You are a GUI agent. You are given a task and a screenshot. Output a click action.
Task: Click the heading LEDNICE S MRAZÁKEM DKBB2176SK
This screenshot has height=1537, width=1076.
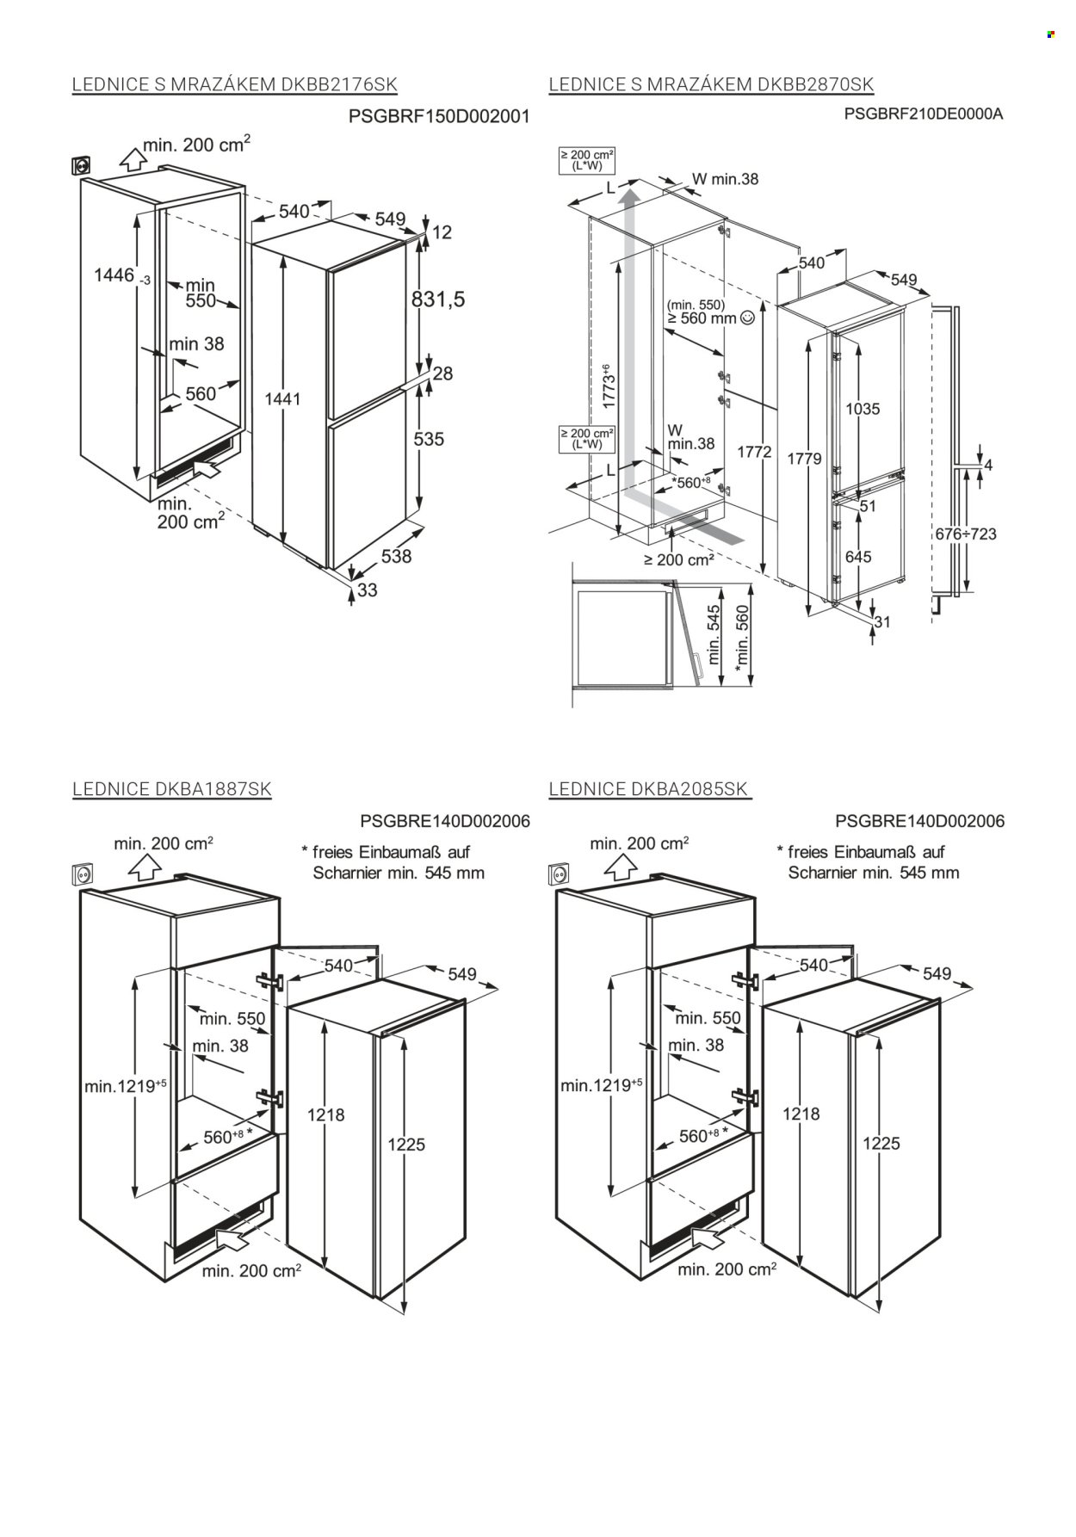click(235, 84)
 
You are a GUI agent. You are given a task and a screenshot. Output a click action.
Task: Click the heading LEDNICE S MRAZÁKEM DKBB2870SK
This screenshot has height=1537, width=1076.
click(711, 84)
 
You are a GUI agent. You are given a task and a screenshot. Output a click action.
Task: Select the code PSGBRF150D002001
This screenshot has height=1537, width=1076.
click(439, 115)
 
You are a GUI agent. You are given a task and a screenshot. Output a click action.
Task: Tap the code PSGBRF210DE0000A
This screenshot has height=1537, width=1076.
click(924, 113)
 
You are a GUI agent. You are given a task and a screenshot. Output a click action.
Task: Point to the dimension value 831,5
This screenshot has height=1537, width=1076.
click(437, 299)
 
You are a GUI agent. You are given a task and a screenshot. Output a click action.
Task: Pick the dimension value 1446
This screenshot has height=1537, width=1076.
click(114, 275)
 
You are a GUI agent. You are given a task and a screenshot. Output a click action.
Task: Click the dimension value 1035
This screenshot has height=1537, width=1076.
click(862, 409)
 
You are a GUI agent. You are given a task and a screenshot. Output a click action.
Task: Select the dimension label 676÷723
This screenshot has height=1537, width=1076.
click(965, 534)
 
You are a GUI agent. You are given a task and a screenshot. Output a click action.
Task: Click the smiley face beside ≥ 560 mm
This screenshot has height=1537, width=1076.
click(746, 318)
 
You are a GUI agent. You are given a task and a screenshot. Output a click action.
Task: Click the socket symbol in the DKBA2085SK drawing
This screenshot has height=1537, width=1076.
click(558, 875)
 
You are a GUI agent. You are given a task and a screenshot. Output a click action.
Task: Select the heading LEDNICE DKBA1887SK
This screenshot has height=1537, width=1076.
click(172, 789)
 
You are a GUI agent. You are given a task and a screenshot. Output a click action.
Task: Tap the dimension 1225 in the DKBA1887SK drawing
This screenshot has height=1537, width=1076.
click(406, 1145)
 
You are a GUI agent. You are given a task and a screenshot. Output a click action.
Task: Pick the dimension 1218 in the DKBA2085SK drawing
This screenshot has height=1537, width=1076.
click(801, 1114)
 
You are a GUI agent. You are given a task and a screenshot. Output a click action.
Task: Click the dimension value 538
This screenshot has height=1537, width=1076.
click(396, 557)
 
